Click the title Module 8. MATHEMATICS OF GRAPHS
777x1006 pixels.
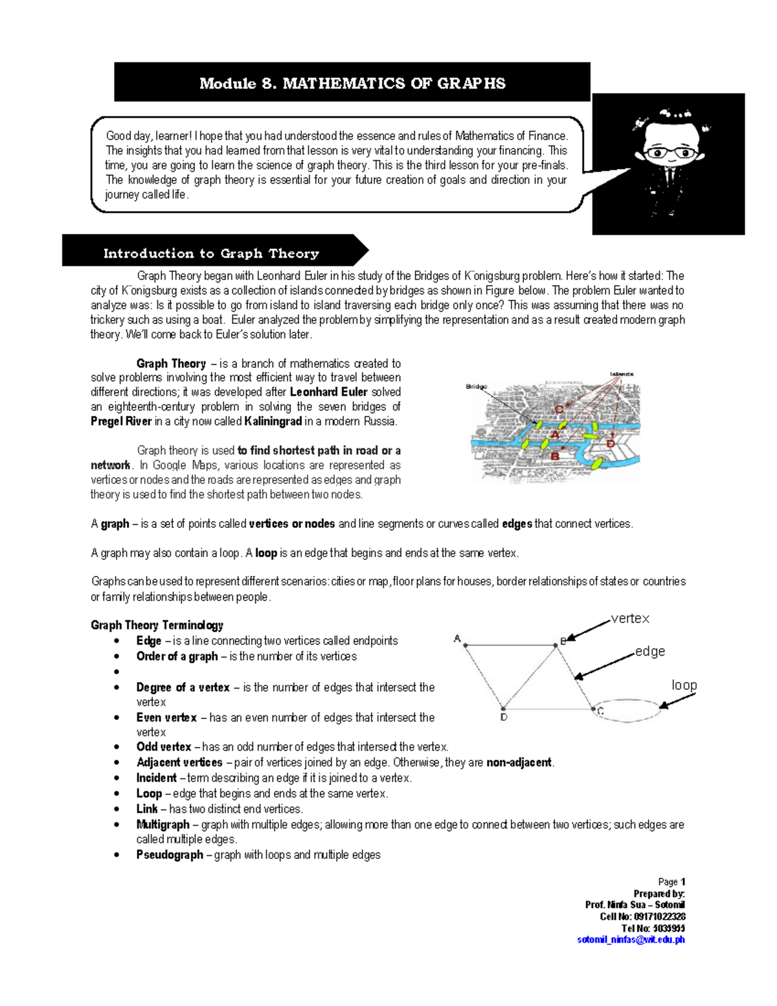click(x=352, y=83)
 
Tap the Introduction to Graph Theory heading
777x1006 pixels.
click(x=211, y=253)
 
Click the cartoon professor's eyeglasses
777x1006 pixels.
click(x=668, y=153)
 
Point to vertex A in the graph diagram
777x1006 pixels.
click(x=465, y=645)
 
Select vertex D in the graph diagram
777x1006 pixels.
click(x=503, y=708)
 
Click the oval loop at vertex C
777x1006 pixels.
click(x=627, y=709)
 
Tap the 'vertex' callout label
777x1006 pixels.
click(x=630, y=619)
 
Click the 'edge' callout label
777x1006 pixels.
click(x=649, y=652)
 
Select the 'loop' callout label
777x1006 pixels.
click(x=684, y=685)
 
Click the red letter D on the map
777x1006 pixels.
click(x=611, y=444)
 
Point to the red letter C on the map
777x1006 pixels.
click(x=559, y=409)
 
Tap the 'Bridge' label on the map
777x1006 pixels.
click(x=477, y=387)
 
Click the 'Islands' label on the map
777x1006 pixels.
click(x=622, y=374)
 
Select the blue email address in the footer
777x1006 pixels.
click(x=630, y=940)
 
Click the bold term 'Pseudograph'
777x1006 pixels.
click(x=170, y=855)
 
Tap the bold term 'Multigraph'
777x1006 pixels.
click(x=163, y=825)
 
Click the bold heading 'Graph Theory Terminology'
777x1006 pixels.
click(x=157, y=625)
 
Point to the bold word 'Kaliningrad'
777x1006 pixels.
click(x=273, y=422)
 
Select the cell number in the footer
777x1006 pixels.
click(x=642, y=917)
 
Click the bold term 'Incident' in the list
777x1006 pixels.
click(x=156, y=778)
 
